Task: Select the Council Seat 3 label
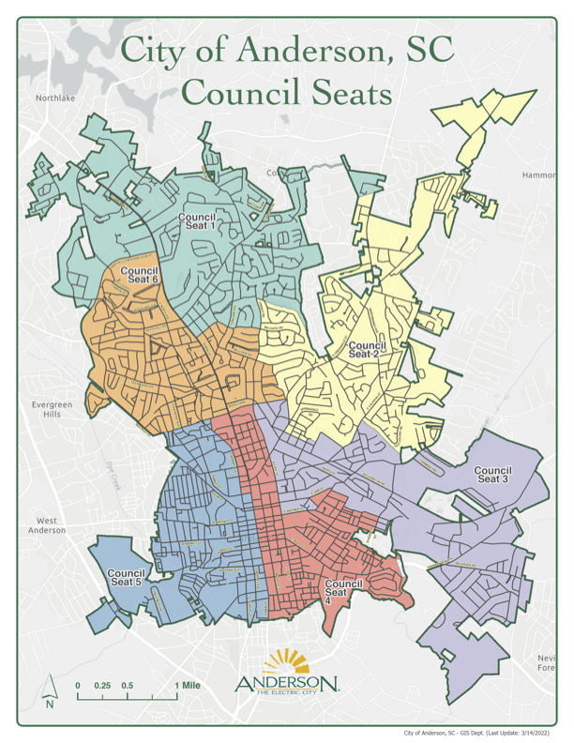pyautogui.click(x=492, y=474)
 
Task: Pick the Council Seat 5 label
pyautogui.click(x=127, y=577)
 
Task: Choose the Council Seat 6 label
pyautogui.click(x=142, y=274)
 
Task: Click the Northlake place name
pyautogui.click(x=54, y=98)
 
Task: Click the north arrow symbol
pyautogui.click(x=50, y=700)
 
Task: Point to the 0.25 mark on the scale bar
pyautogui.click(x=102, y=686)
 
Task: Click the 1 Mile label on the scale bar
pyautogui.click(x=188, y=686)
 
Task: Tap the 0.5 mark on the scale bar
pyautogui.click(x=128, y=686)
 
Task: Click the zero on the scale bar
pyautogui.click(x=78, y=686)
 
